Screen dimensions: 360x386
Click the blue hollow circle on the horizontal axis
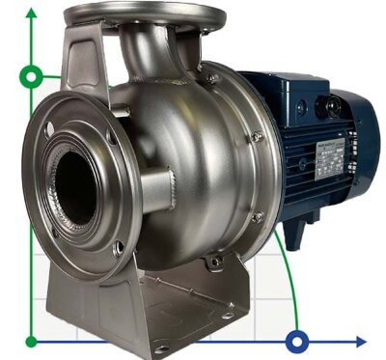[x=299, y=340]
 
